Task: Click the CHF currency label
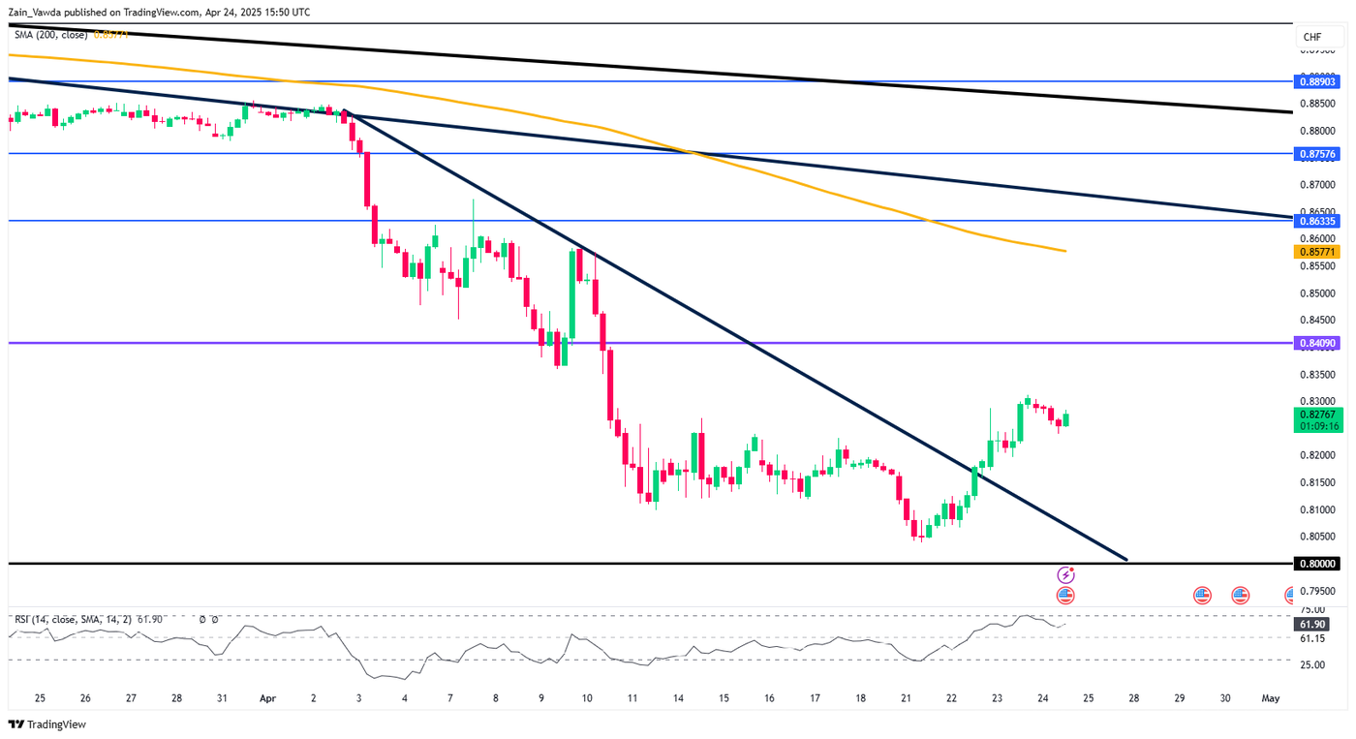pos(1312,37)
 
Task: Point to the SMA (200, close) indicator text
pos(50,35)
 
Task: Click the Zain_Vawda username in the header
pos(37,12)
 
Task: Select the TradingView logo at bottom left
pos(46,724)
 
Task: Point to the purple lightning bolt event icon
pos(1064,574)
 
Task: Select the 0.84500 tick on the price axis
pos(1316,320)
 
